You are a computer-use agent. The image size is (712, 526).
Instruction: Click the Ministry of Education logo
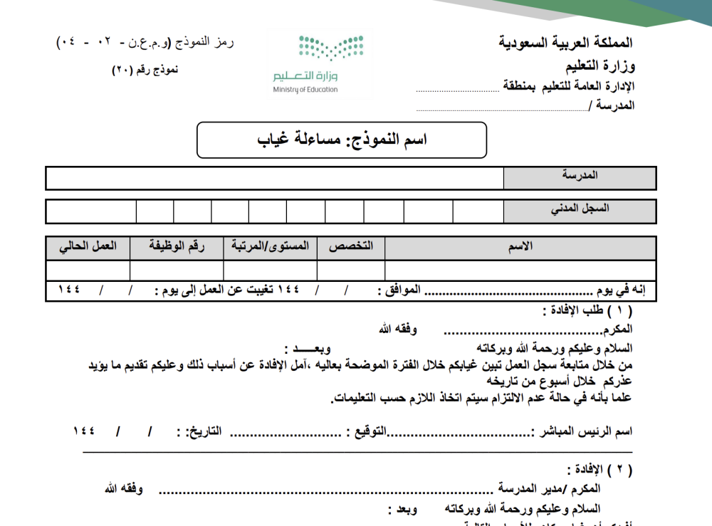(x=319, y=63)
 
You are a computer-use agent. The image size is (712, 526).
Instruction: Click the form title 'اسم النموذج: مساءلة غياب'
(x=342, y=140)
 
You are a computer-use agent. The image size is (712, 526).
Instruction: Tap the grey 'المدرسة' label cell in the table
(x=580, y=176)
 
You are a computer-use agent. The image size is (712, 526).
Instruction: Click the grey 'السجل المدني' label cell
(x=580, y=210)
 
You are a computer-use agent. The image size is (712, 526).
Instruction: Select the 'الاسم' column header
(x=519, y=247)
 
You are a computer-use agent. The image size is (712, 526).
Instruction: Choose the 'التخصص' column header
(x=350, y=247)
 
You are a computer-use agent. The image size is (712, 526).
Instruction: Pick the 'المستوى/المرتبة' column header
(x=270, y=247)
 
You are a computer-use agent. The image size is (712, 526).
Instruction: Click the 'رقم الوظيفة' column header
(x=177, y=247)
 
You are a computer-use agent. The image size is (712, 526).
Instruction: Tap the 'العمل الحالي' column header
(x=88, y=247)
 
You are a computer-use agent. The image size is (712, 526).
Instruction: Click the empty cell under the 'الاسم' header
(x=519, y=270)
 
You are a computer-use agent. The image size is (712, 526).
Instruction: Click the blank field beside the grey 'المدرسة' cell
(x=274, y=178)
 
